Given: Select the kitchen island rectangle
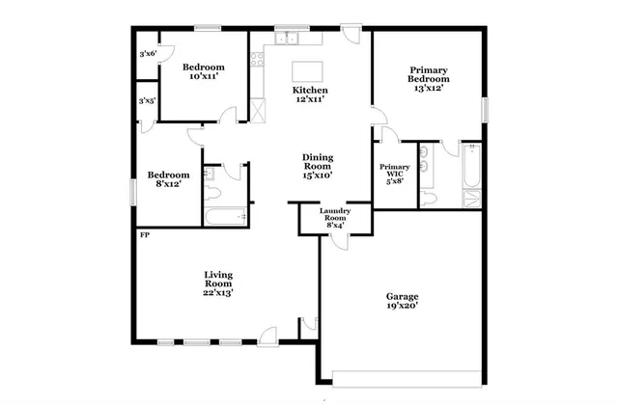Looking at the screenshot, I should click(308, 71).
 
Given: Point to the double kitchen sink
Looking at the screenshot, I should click(287, 40).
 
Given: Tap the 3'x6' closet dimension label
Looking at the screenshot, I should click(148, 55).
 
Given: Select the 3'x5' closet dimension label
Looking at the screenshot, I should click(148, 100).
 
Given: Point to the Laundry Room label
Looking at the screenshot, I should click(335, 218).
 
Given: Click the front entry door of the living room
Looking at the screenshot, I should click(267, 337).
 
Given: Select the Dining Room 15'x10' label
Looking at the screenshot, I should click(318, 167).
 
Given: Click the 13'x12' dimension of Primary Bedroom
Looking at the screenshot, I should click(428, 88).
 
